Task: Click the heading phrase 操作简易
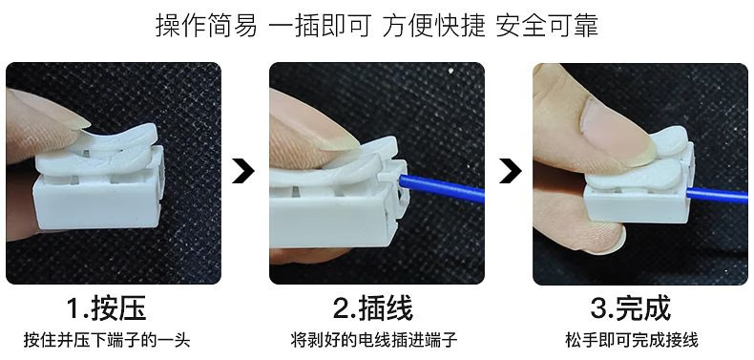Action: tap(206, 26)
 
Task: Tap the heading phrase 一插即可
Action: tap(320, 26)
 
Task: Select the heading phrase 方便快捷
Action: tap(433, 26)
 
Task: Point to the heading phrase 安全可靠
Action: tap(547, 26)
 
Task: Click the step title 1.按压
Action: tap(107, 308)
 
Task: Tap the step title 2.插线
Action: tap(373, 308)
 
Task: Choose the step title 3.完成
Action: tap(631, 308)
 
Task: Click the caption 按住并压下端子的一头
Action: tap(107, 340)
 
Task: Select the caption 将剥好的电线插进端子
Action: tap(373, 340)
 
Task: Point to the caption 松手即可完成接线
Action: tap(632, 340)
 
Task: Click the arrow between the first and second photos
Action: tap(242, 170)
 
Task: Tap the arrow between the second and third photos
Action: tap(511, 170)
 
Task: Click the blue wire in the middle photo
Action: tap(442, 189)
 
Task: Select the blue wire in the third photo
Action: tap(717, 196)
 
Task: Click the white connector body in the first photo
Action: tap(97, 202)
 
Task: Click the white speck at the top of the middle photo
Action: tap(451, 72)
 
